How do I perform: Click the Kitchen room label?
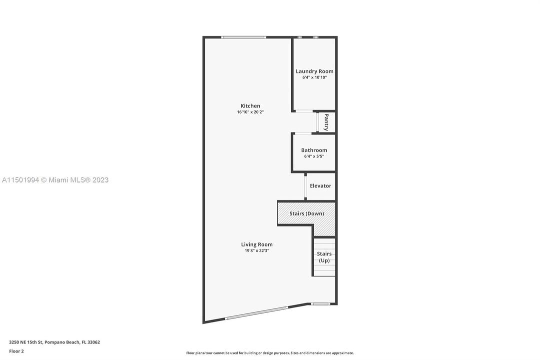coord(250,105)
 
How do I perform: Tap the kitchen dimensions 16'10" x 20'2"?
coord(250,112)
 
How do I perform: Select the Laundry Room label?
coord(314,71)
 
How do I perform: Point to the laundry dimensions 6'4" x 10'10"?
coord(314,77)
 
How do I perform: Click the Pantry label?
coord(326,122)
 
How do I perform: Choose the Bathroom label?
coord(314,150)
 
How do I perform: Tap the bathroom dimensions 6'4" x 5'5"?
coord(314,156)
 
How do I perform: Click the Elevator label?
coord(320,185)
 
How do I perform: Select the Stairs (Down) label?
coord(307,213)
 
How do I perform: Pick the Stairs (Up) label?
coord(324,257)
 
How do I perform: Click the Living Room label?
coord(257,244)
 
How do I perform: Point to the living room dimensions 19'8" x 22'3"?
coord(257,251)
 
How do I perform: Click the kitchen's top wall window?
coord(244,37)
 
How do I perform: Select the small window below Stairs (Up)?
coord(320,303)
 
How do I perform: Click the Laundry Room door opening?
coord(304,111)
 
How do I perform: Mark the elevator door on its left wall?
coord(305,186)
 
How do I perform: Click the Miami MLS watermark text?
coord(55,180)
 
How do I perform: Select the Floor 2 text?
coord(16,351)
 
